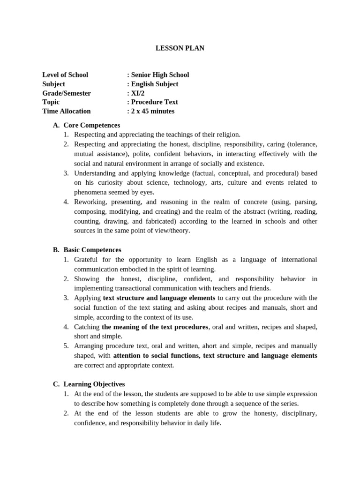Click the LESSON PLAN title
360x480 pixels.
pos(180,48)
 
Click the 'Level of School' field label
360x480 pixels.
pos(65,75)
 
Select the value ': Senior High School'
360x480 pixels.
pos(158,75)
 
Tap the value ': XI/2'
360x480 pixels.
pos(136,93)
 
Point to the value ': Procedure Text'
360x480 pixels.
pos(152,102)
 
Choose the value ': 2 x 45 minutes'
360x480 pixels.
pos(150,112)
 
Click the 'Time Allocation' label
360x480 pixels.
pos(67,112)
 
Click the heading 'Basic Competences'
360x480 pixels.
pos(92,250)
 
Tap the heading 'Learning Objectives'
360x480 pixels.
pos(94,384)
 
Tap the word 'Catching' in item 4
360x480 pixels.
pos(87,327)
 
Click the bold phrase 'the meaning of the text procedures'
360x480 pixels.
pos(155,327)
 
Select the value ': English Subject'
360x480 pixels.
pos(152,84)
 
